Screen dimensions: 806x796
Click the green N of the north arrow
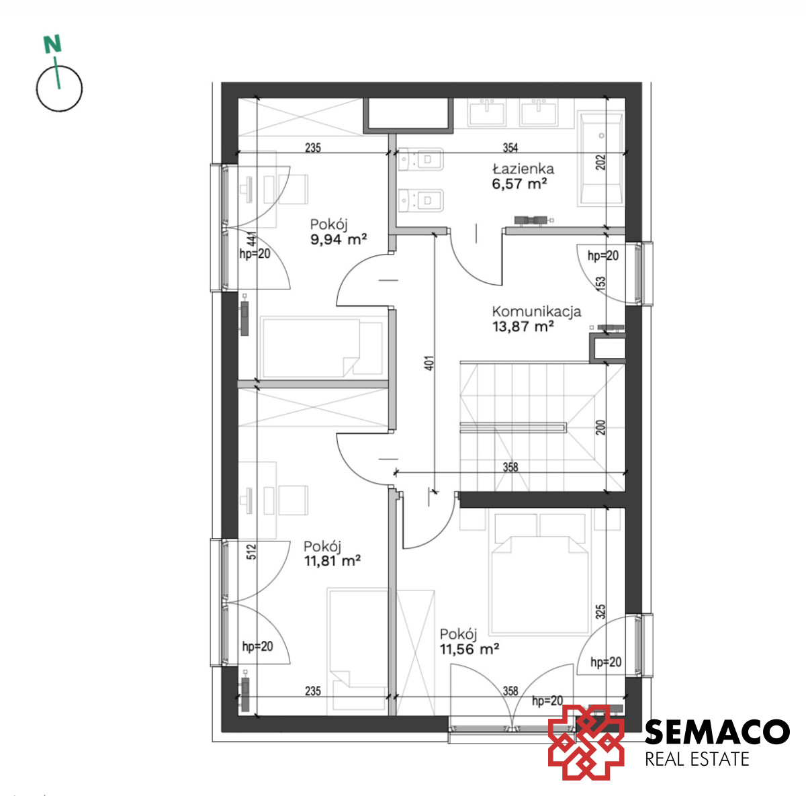point(52,44)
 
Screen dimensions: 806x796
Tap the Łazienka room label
point(523,169)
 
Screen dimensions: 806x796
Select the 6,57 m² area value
point(519,183)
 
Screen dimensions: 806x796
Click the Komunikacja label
point(536,312)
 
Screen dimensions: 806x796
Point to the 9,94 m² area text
point(339,239)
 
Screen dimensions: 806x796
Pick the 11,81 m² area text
point(332,560)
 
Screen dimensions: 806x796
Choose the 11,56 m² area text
point(469,649)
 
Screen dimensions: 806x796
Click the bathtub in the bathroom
point(600,159)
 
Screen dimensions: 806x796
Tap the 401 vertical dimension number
point(431,363)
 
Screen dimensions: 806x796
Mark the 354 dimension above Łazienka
point(510,147)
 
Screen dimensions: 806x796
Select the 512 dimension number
point(251,552)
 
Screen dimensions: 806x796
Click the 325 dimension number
point(600,612)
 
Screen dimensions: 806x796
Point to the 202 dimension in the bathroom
point(600,163)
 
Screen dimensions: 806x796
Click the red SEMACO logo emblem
point(586,742)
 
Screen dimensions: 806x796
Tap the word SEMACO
point(717,732)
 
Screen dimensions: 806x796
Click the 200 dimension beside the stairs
point(600,427)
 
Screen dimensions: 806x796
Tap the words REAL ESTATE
point(697,759)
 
